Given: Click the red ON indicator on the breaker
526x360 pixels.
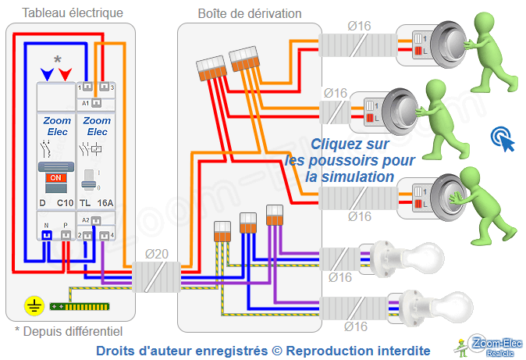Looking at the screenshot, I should click(x=55, y=177).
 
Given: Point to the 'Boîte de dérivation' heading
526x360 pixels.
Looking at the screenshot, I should click(x=249, y=13).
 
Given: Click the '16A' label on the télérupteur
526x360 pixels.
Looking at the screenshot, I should click(x=105, y=203).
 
